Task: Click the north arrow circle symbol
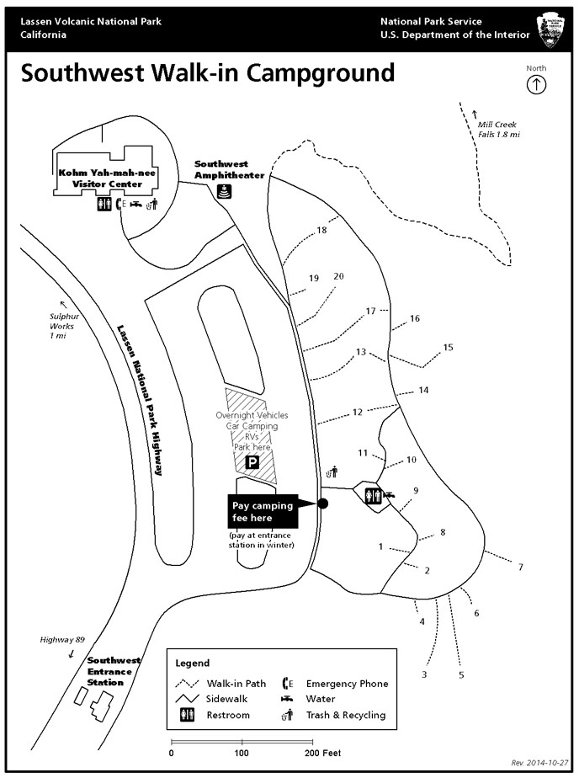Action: [x=536, y=84]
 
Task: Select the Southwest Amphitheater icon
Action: [x=225, y=192]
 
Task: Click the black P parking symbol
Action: [x=251, y=463]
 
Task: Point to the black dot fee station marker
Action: [x=322, y=504]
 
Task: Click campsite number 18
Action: [x=321, y=230]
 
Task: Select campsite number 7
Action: [x=520, y=567]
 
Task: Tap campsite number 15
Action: [x=448, y=347]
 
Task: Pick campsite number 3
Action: [x=425, y=674]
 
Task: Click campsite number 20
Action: [x=339, y=276]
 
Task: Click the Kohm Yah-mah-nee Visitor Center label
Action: [x=107, y=178]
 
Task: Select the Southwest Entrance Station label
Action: [x=114, y=671]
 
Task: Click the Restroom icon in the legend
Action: [x=186, y=715]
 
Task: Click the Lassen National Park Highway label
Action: [x=140, y=401]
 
